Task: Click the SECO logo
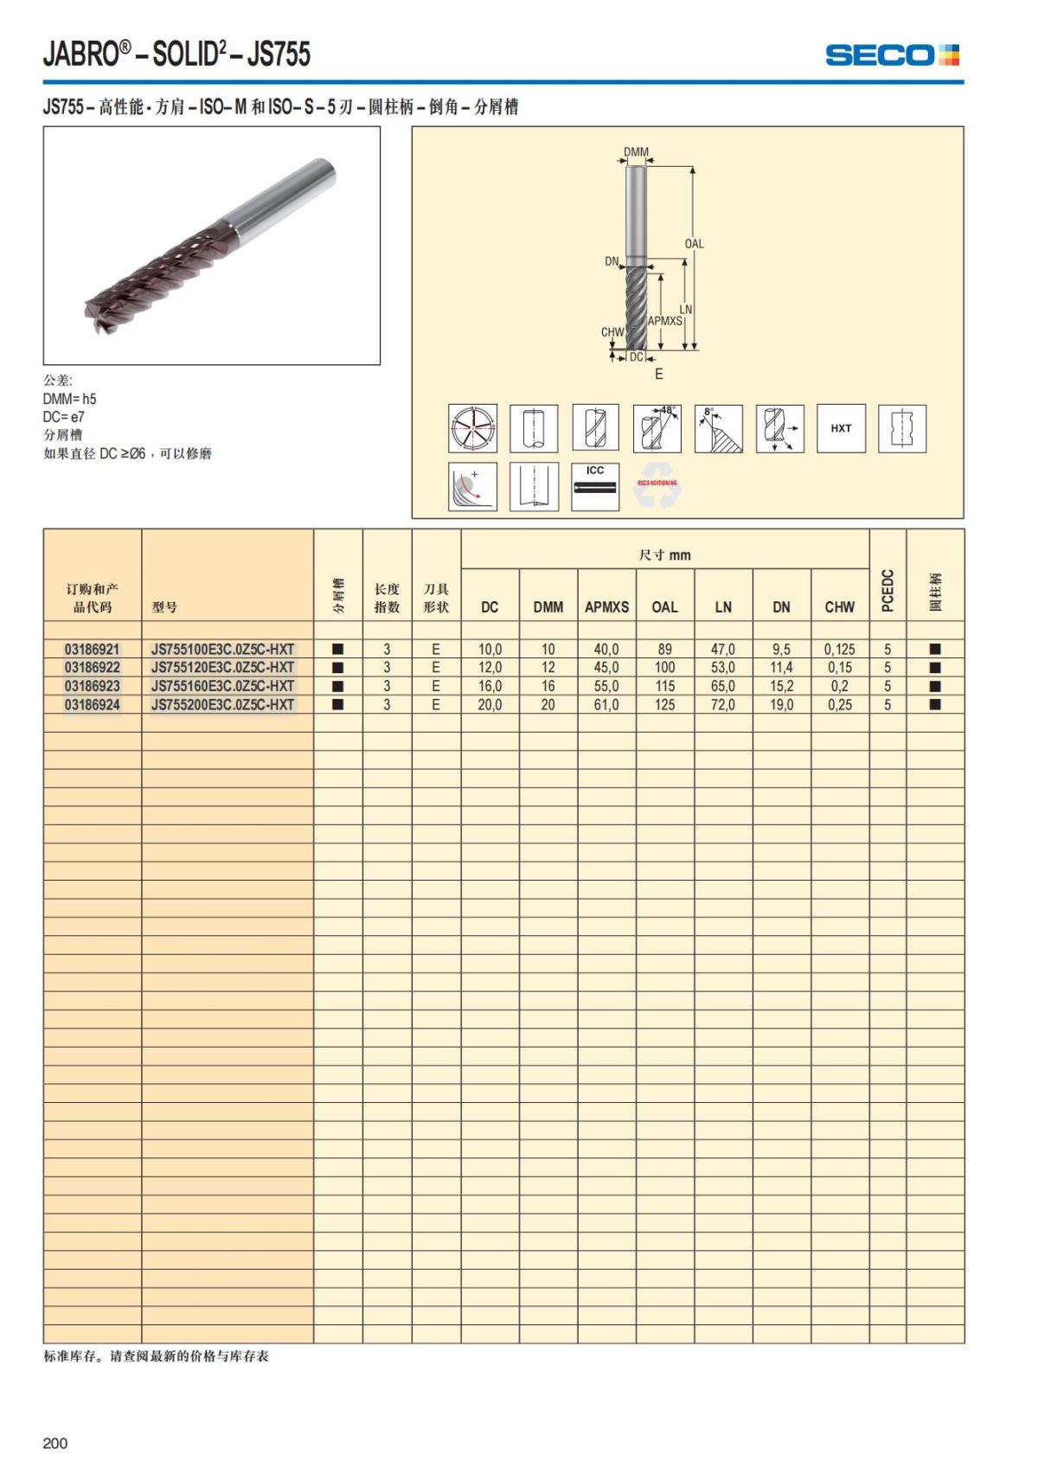892,55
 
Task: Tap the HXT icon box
841,428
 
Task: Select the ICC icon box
595,487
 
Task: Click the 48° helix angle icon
657,428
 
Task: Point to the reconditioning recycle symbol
657,485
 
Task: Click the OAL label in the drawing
694,244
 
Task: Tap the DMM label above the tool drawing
636,152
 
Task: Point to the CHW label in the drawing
612,332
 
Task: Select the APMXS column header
606,607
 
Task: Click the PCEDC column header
887,591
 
